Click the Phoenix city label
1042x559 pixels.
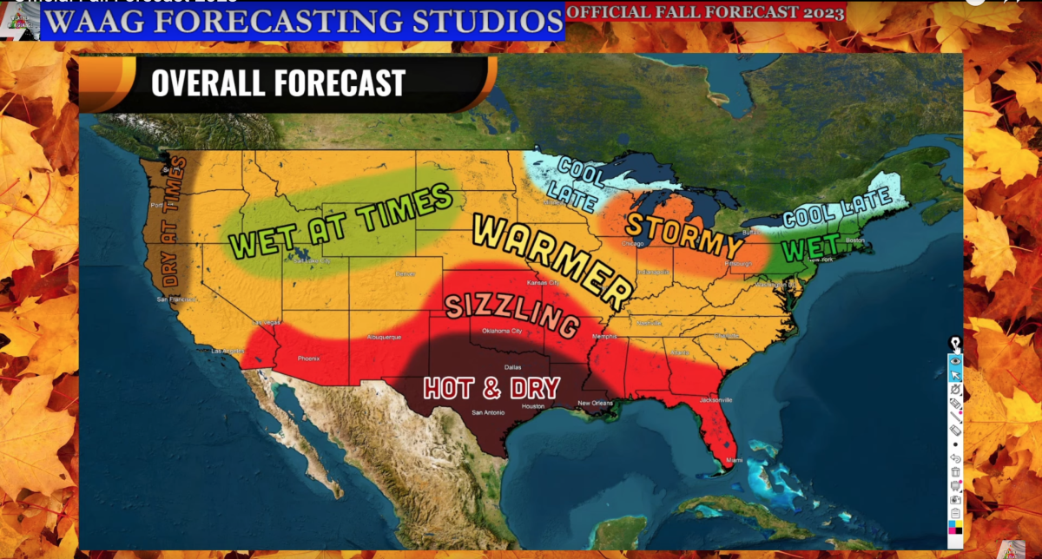pyautogui.click(x=309, y=358)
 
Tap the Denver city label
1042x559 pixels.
pyautogui.click(x=406, y=273)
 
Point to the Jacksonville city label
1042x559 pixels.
pyautogui.click(x=716, y=399)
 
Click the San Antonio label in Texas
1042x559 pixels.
pyautogui.click(x=486, y=412)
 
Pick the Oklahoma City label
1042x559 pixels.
pyautogui.click(x=502, y=331)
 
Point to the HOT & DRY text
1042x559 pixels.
pyautogui.click(x=491, y=387)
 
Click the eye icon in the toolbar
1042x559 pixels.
pyautogui.click(x=955, y=359)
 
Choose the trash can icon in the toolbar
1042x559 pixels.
pyautogui.click(x=955, y=472)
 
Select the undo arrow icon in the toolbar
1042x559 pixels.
pyautogui.click(x=955, y=458)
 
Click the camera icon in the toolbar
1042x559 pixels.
pyautogui.click(x=955, y=500)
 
